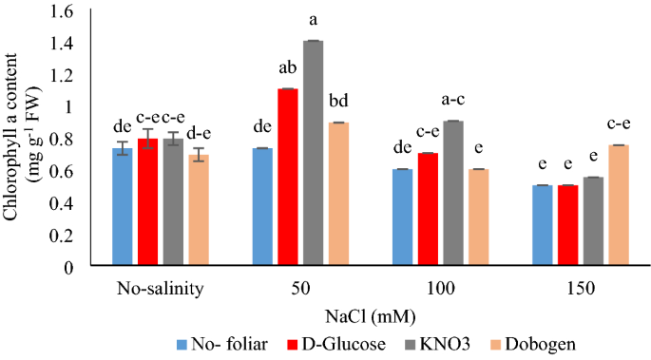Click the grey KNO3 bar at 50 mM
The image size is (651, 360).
[313, 153]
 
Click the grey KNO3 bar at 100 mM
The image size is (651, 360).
[452, 194]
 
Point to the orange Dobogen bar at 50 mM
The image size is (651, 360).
[337, 195]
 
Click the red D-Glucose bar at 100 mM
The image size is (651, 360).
[427, 210]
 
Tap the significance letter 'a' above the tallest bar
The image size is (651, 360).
[313, 20]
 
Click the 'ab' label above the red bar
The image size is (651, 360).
[287, 68]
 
